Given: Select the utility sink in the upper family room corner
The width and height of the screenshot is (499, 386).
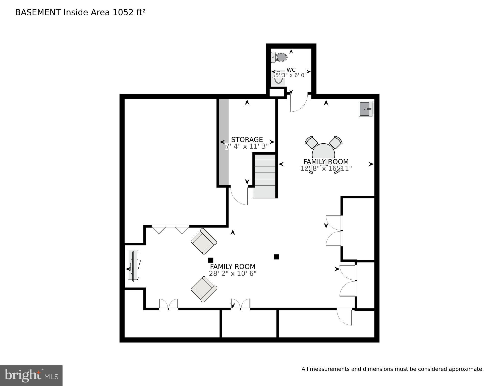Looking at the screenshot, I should (x=366, y=109).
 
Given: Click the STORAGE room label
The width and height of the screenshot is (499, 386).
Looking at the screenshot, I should (x=247, y=140).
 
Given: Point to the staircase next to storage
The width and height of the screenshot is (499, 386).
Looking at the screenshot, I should (x=264, y=176).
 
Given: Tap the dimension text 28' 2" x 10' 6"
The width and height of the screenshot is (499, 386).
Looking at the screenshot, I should (x=232, y=274).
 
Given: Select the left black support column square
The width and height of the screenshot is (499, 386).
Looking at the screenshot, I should (x=211, y=260).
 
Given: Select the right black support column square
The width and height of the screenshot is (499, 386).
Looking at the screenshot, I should (x=276, y=257).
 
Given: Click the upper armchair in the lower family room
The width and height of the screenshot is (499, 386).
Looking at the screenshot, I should (x=204, y=241).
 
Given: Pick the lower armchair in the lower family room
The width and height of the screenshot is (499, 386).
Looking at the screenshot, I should (x=204, y=289).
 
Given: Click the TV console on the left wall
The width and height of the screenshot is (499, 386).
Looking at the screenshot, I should (x=133, y=265).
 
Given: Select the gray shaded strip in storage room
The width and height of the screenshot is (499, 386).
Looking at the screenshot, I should (x=224, y=142).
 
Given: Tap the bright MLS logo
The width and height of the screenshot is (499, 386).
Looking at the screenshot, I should (x=31, y=376).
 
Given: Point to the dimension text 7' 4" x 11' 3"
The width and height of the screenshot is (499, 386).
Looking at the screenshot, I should (x=247, y=146).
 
